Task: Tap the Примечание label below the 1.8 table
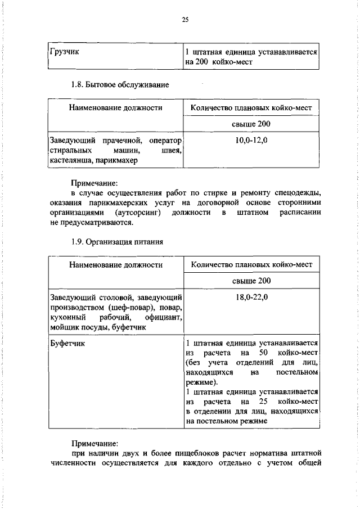(x=94, y=182)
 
